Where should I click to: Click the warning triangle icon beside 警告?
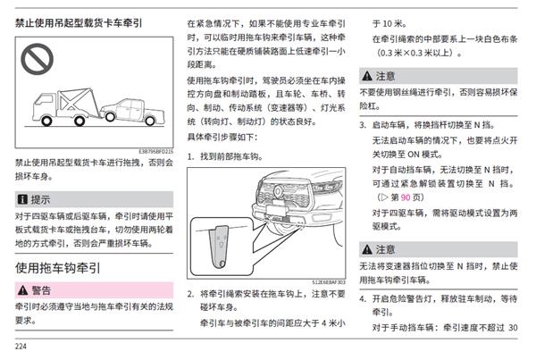click(x=22, y=290)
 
